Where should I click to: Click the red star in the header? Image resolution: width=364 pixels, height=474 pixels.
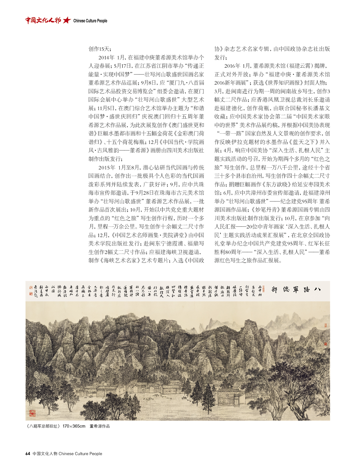67,20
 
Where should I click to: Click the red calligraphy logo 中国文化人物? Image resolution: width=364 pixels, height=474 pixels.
43,20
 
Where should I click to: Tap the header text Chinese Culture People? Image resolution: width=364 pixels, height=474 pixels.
90,21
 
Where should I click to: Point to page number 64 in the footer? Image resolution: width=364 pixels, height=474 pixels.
28,454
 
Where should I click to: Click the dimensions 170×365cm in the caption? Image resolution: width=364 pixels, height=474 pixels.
74,426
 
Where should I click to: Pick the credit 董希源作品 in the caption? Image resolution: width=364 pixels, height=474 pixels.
100,426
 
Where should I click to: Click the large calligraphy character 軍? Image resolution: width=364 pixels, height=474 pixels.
296,289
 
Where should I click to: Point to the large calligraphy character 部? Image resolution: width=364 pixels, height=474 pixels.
274,290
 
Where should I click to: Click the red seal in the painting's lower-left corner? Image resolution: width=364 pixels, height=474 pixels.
32,413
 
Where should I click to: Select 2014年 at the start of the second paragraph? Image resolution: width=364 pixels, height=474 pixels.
106,58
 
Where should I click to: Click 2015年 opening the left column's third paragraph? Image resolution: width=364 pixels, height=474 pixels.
106,168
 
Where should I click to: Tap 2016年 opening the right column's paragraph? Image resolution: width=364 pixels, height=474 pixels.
232,66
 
